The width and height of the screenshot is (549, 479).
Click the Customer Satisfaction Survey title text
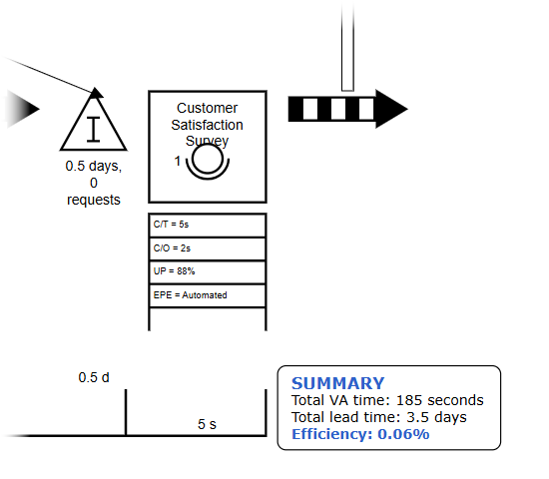pyautogui.click(x=207, y=125)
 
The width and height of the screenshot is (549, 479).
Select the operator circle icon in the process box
pyautogui.click(x=208, y=162)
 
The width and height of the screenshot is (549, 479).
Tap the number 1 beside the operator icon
pyautogui.click(x=178, y=161)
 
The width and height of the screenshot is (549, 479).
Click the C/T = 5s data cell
pyautogui.click(x=208, y=226)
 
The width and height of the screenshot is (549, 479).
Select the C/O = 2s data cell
pyautogui.click(x=208, y=248)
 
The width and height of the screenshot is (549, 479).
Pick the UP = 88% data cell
pyautogui.click(x=208, y=272)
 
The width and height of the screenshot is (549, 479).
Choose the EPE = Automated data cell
pyautogui.click(x=208, y=295)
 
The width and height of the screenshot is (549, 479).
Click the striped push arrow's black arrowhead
pyautogui.click(x=391, y=109)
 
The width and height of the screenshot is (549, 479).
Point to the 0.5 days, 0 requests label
pyautogui.click(x=94, y=183)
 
